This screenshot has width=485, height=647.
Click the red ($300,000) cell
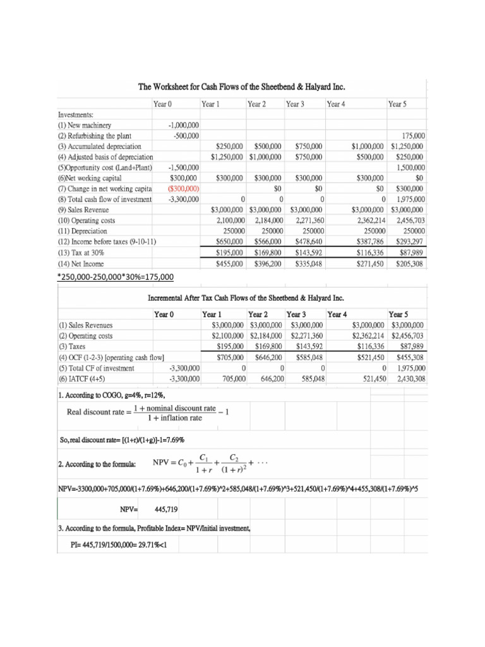pos(183,188)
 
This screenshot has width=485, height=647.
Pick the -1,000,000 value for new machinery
pos(185,125)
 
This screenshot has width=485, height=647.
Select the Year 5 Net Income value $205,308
pos(410,263)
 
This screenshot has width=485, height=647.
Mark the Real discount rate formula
pos(148,412)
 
